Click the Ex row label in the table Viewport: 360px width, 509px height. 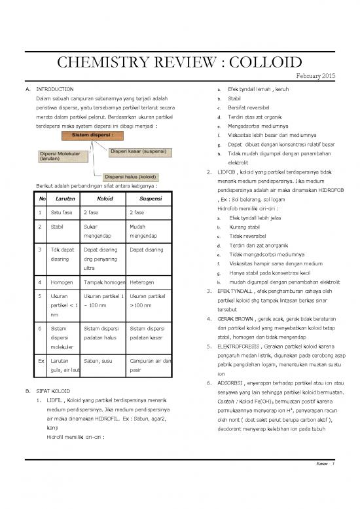coord(41,360)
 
